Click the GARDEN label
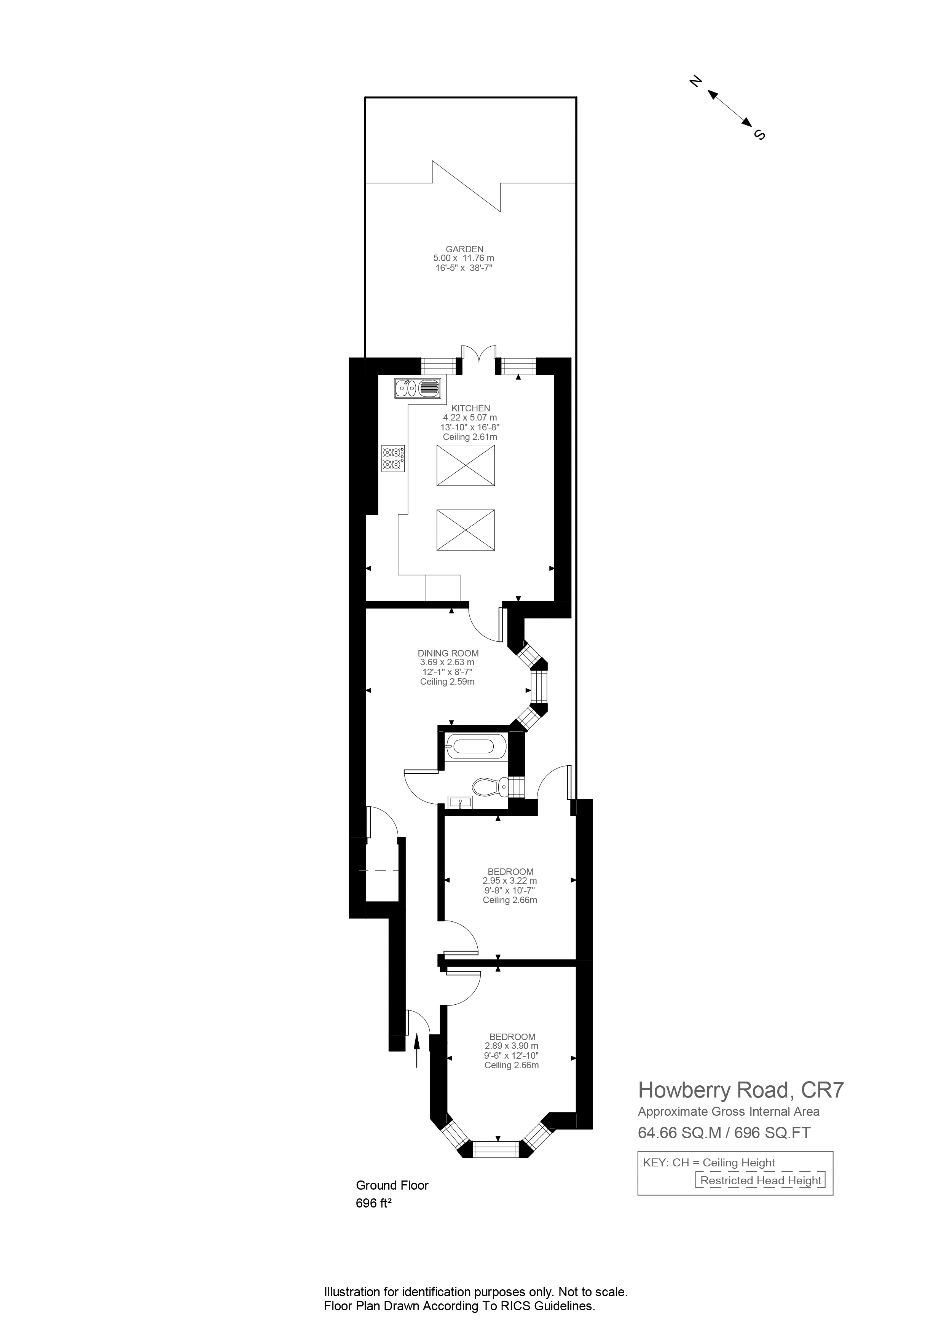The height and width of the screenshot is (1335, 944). click(464, 249)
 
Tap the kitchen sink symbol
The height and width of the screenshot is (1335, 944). click(418, 388)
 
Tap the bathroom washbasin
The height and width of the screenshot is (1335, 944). click(460, 802)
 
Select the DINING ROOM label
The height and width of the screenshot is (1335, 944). click(448, 653)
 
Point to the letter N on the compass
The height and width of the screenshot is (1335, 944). click(694, 81)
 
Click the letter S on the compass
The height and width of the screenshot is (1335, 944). click(759, 134)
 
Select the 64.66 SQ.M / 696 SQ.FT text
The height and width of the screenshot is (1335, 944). click(724, 1133)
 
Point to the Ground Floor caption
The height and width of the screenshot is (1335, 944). click(392, 1185)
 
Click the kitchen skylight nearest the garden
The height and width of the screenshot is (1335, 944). click(465, 465)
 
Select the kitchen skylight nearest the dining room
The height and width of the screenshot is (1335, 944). click(465, 530)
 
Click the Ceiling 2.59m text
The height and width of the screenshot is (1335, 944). click(447, 682)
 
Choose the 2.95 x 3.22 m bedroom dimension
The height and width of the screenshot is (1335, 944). click(510, 881)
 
